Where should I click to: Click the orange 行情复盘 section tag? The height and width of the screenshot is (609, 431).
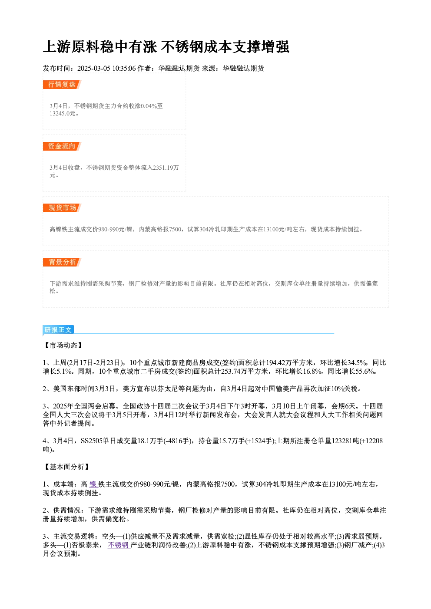tap(62, 85)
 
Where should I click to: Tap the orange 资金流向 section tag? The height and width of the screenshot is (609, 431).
tap(62, 146)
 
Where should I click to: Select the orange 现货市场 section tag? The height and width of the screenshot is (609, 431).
tap(62, 208)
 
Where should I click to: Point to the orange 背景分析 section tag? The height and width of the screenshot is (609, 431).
tap(62, 262)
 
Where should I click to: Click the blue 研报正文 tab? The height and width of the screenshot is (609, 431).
tap(58, 330)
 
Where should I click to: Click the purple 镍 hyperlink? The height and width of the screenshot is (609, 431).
tap(93, 484)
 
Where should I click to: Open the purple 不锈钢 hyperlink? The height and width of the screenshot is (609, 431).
tap(119, 545)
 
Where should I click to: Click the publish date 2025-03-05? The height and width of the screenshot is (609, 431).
tap(94, 68)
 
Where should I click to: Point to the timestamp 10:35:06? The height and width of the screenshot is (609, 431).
tap(124, 68)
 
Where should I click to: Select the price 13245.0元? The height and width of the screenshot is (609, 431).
tap(62, 113)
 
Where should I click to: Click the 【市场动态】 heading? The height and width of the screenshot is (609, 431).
tap(63, 345)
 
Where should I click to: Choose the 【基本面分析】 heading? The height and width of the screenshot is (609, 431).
tap(66, 467)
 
